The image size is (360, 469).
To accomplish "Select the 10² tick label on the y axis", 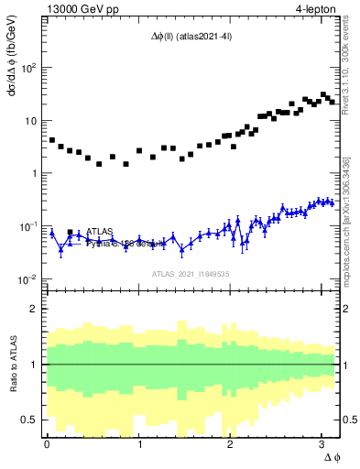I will click(29, 68).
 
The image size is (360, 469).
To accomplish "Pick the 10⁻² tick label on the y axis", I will click(29, 279).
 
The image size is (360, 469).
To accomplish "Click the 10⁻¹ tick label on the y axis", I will click(29, 226).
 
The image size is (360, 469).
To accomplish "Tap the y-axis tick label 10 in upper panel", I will click(31, 121).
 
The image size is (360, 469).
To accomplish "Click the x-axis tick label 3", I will click(322, 442).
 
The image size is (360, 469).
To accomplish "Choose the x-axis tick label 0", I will click(47, 442).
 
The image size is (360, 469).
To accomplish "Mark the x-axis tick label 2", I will click(230, 442).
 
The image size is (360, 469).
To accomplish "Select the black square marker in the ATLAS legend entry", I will click(70, 232).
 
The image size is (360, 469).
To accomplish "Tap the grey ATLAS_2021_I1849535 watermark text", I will click(190, 274).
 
